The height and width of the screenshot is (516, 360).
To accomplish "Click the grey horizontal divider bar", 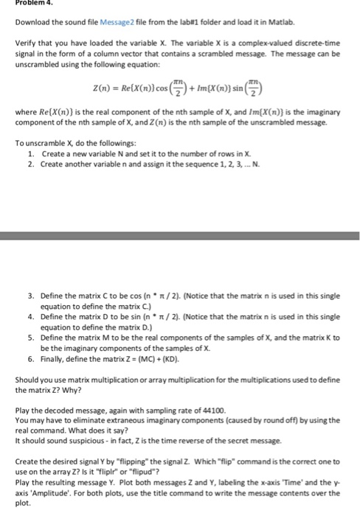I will click(x=180, y=237).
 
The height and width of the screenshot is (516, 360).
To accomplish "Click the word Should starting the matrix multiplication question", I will click(x=27, y=379).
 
